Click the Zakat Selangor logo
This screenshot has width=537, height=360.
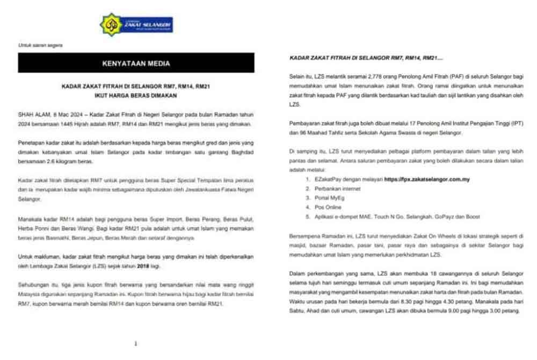(136, 25)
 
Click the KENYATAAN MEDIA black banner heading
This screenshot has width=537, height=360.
(136, 63)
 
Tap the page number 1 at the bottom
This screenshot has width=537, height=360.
(136, 343)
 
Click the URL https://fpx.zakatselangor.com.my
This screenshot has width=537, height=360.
(427, 179)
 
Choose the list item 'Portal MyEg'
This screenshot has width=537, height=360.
(328, 198)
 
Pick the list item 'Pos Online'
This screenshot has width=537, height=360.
(326, 207)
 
